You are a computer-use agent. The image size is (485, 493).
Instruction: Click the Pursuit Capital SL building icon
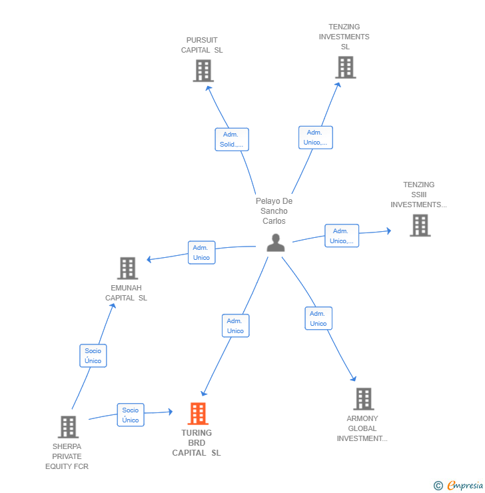[x=203, y=71]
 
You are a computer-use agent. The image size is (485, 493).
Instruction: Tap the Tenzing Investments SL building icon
[x=345, y=67]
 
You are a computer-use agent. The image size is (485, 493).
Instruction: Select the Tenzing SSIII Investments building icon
[x=420, y=225]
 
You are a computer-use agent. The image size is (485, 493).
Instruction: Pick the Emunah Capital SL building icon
[x=127, y=268]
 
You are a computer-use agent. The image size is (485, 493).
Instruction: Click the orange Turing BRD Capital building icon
[x=197, y=414]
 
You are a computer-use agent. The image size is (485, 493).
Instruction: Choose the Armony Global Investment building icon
[x=363, y=399]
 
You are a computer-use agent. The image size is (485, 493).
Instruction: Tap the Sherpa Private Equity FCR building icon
[x=68, y=427]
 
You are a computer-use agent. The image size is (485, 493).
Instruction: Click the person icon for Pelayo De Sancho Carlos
[x=275, y=243]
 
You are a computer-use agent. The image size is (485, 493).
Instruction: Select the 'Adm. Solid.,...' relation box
[x=232, y=139]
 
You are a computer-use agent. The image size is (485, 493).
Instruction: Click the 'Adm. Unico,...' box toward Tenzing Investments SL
[x=315, y=137]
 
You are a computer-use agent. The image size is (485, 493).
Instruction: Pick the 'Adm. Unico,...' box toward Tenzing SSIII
[x=342, y=236]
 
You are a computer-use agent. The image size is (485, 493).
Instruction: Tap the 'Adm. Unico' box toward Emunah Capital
[x=201, y=252]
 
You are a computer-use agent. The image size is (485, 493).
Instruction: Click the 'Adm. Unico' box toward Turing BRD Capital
[x=235, y=326]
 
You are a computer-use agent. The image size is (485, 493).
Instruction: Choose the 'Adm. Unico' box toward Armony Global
[x=318, y=318]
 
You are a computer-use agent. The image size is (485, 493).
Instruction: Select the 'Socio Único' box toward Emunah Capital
[x=93, y=356]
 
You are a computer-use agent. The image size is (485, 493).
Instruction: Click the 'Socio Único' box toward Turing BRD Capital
[x=131, y=415]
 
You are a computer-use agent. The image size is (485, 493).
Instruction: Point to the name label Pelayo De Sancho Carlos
[x=274, y=211]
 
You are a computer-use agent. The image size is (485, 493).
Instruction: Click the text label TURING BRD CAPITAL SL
[x=197, y=443]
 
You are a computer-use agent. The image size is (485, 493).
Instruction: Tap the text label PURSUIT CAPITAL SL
[x=202, y=45]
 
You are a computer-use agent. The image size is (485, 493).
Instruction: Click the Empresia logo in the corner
[x=459, y=486]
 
